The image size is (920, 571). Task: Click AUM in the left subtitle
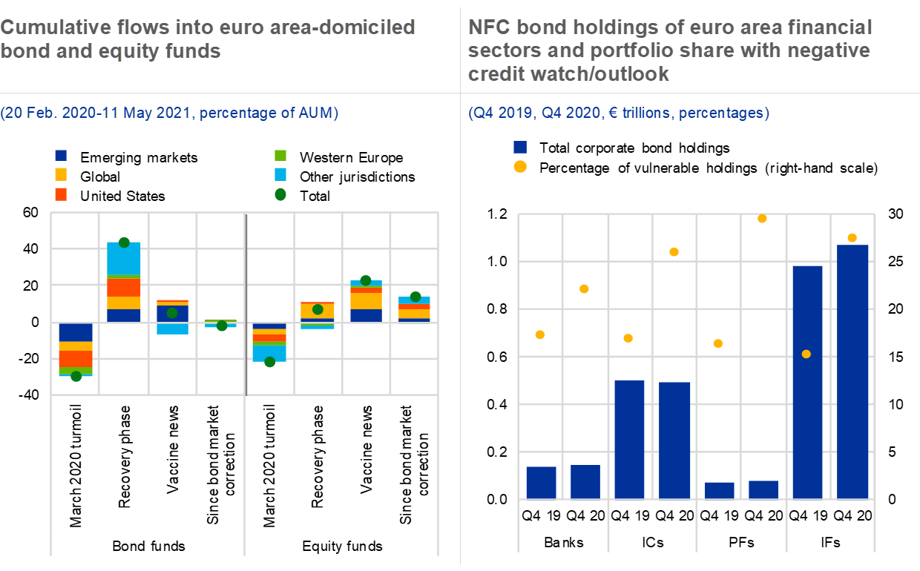click(318, 113)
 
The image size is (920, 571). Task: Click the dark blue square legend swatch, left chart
click(61, 156)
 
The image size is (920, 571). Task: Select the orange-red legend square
click(61, 194)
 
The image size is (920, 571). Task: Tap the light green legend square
click(280, 156)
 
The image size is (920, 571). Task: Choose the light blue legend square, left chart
click(280, 175)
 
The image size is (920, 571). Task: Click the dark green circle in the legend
click(280, 194)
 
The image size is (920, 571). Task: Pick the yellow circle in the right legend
click(520, 167)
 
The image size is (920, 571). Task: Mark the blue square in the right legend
click(520, 147)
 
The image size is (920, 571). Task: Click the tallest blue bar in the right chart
click(852, 371)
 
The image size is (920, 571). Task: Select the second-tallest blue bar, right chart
click(807, 415)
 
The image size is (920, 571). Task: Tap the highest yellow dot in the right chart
click(762, 219)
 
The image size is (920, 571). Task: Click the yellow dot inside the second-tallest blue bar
click(806, 354)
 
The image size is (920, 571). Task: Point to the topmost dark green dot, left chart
click(124, 242)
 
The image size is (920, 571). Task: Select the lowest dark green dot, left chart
click(76, 377)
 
